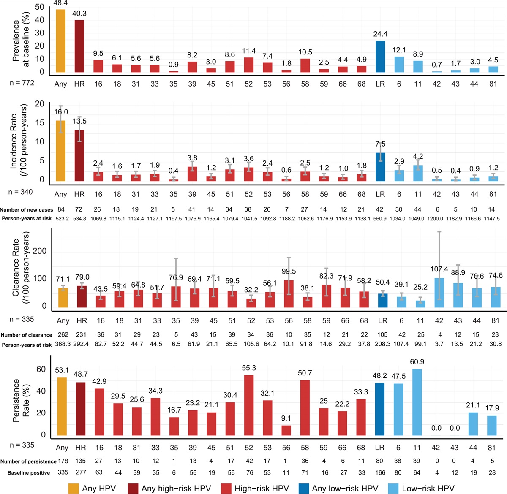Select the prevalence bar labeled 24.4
point(380,57)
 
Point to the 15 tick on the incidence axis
point(40,122)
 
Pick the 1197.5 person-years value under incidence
point(173,219)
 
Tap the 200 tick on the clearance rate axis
point(40,251)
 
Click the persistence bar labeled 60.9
point(417,402)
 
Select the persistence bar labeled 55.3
point(249,405)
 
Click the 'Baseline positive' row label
point(29,473)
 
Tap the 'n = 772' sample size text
point(22,83)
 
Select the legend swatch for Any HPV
point(74,489)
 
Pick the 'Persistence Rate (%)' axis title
point(21,400)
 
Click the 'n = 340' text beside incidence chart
point(20,192)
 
